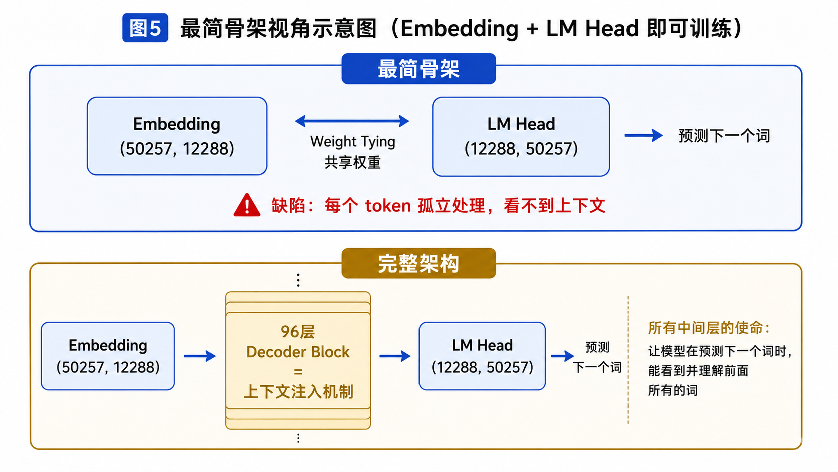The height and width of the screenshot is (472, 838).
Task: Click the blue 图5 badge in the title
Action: [145, 28]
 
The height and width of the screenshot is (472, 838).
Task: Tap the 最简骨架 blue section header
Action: [418, 69]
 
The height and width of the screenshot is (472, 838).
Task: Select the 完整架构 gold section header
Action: [418, 263]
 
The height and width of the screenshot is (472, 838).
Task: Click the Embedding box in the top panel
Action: [177, 136]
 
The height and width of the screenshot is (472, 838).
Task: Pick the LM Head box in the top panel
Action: [521, 136]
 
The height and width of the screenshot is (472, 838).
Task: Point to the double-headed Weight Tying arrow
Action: [352, 121]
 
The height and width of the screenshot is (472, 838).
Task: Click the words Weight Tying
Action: [353, 142]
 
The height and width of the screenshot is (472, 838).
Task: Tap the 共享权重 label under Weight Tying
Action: [352, 163]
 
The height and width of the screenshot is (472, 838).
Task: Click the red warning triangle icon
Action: [247, 205]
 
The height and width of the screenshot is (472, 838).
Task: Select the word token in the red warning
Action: [388, 206]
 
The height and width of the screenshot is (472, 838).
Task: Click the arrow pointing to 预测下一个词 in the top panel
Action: [644, 135]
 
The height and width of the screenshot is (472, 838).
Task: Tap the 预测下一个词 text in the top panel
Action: [724, 136]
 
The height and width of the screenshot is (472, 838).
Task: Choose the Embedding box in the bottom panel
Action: [108, 356]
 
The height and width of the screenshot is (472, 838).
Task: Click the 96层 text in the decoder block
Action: [298, 331]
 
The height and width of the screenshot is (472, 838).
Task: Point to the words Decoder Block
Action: [298, 352]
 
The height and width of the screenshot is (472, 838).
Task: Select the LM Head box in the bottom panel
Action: [482, 356]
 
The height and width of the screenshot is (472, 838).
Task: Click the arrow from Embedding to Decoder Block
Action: [200, 356]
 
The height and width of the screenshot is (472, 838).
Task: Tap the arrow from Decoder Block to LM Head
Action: [395, 356]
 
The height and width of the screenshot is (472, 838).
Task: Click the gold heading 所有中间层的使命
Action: [709, 328]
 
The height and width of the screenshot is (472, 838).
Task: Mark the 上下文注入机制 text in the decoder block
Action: [298, 392]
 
